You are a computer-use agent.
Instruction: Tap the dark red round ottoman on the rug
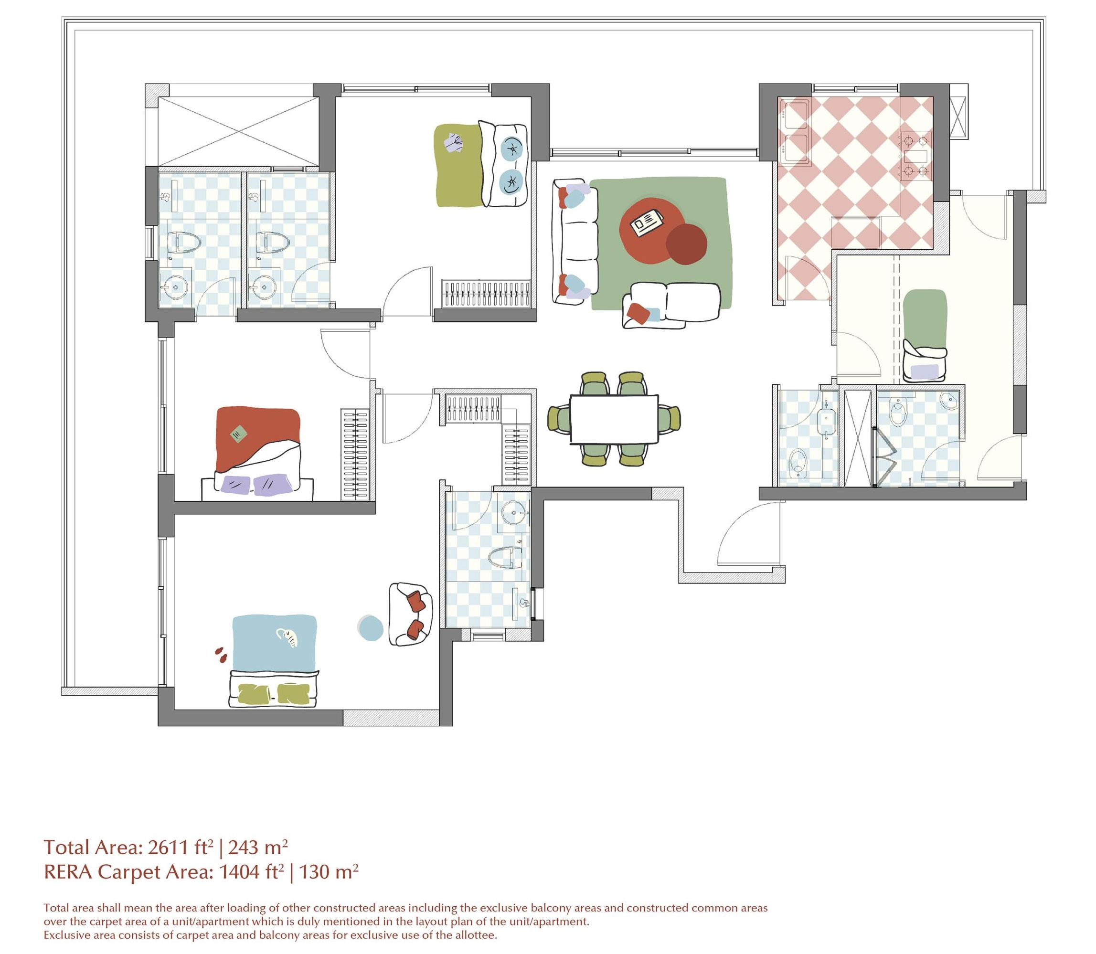686,244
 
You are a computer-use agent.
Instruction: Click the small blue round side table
370,628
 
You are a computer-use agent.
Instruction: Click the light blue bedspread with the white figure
274,639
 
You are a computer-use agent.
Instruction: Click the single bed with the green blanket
925,335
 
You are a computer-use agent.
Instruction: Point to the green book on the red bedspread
238,435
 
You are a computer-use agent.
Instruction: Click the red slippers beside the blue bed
221,655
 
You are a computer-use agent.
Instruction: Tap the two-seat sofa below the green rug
672,305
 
